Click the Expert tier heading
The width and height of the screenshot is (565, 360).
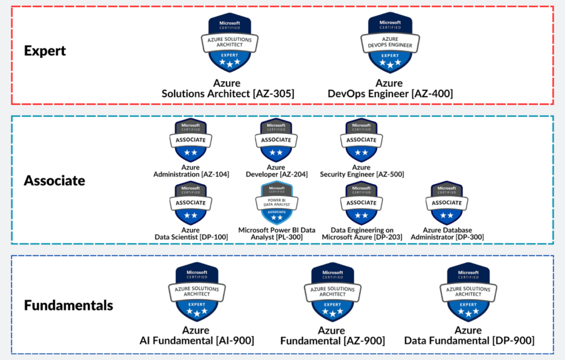[45, 51]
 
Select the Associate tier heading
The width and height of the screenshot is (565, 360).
[54, 181]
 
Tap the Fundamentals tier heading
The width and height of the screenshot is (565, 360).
[68, 306]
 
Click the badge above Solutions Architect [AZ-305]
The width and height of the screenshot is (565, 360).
[225, 43]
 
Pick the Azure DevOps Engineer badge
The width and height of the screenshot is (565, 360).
[389, 43]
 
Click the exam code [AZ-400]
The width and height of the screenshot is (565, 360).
[432, 94]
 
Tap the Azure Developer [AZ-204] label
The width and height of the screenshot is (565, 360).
[276, 171]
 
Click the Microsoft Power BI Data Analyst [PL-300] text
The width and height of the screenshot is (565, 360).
[276, 233]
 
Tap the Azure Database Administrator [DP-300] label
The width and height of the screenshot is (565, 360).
[447, 233]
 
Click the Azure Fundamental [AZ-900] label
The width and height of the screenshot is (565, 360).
[331, 335]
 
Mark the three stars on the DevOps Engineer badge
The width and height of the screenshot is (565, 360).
[389, 63]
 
